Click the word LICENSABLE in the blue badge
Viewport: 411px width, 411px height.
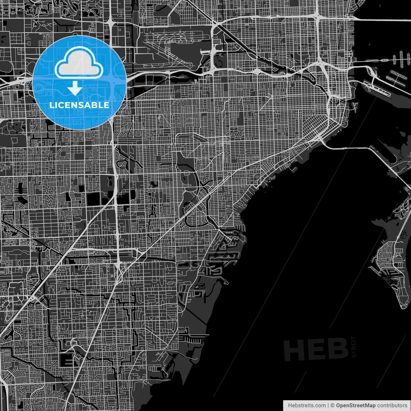coord(79,105)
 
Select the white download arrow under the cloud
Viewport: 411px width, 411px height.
coord(75,88)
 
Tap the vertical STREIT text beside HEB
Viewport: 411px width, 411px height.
coord(354,347)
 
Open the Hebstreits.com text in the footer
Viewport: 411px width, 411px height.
coord(307,406)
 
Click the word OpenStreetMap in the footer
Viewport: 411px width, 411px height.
coord(355,406)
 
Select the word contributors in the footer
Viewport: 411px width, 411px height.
coord(392,406)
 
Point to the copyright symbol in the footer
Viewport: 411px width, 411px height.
coord(333,406)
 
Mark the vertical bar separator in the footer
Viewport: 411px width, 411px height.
coord(328,406)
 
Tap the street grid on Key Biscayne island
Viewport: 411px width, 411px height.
coord(389,257)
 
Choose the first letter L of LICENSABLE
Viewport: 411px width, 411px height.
coord(52,105)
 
